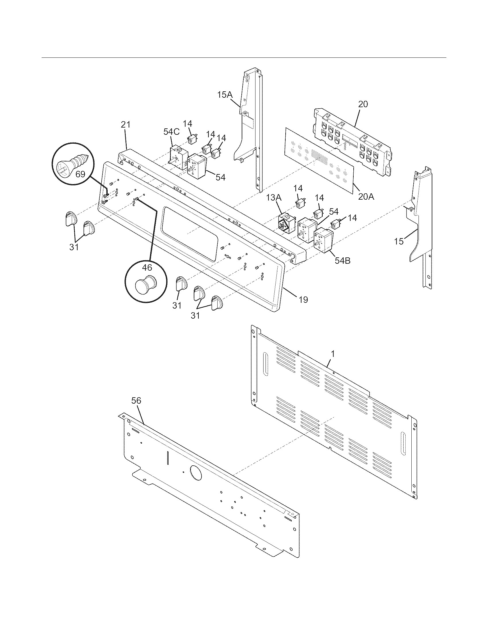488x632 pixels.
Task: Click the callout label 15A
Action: (x=225, y=95)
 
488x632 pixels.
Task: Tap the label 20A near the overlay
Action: (x=366, y=197)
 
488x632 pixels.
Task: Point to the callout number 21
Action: (x=125, y=125)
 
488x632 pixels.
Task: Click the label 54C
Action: (x=171, y=132)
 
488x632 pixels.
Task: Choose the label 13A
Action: (x=274, y=198)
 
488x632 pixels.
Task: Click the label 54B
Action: (x=342, y=261)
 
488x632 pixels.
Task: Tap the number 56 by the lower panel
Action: (x=136, y=400)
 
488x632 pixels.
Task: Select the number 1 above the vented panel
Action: (x=333, y=353)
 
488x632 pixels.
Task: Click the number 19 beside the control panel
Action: (x=303, y=300)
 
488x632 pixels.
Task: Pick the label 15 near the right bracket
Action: (x=399, y=241)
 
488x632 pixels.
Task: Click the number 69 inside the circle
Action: (x=80, y=174)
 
